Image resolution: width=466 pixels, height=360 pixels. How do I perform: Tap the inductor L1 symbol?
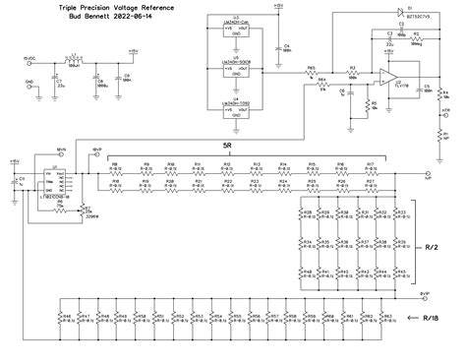[73, 61]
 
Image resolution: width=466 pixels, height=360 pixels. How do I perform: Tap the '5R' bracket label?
[228, 145]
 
